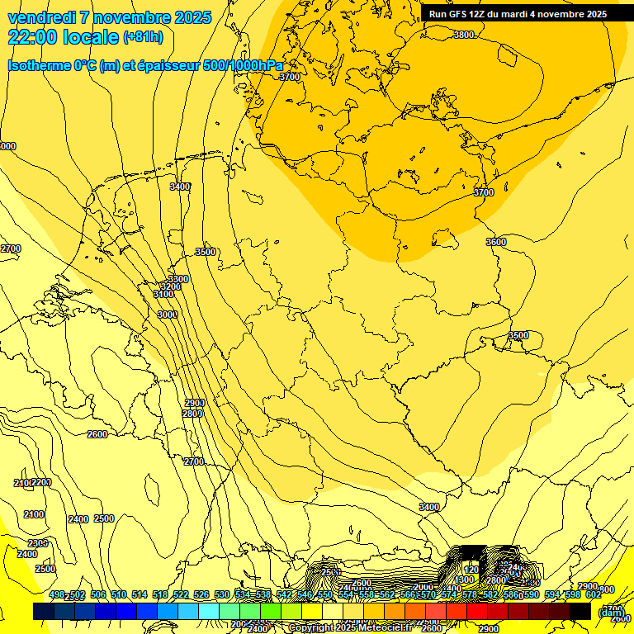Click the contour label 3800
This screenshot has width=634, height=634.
click(x=464, y=35)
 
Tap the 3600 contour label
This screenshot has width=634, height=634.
click(x=496, y=242)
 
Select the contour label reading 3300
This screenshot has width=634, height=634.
click(x=178, y=279)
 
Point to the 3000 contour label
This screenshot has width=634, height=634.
click(x=168, y=315)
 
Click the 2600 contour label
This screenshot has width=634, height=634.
click(x=97, y=434)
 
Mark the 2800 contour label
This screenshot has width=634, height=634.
click(x=192, y=414)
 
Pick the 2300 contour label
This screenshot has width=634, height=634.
click(x=38, y=543)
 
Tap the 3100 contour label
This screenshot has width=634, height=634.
click(x=163, y=295)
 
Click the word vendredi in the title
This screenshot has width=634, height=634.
click(x=50, y=17)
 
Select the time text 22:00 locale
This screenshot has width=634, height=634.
click(x=63, y=37)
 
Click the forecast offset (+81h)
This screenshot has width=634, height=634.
click(x=143, y=37)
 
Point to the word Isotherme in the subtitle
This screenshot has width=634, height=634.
click(x=39, y=66)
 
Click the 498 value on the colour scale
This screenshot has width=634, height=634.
click(x=57, y=594)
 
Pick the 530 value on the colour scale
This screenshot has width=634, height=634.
click(x=222, y=594)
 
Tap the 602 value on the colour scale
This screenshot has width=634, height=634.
click(x=594, y=594)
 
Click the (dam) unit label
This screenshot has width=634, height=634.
click(x=611, y=613)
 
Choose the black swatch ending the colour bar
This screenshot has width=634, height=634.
click(x=580, y=611)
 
